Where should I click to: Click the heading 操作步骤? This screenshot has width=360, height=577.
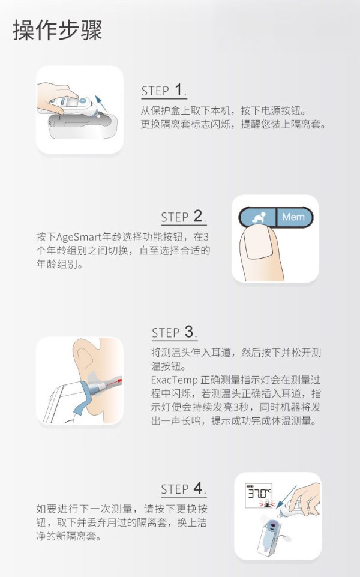pos(57,30)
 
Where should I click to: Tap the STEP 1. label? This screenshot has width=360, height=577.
pos(164,91)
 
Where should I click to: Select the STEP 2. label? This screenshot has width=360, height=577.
pos(184,217)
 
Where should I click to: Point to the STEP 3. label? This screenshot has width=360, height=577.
pos(175,332)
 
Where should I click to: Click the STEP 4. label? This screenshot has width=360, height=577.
pos(184,489)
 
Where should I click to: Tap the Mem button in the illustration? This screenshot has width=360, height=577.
pos(294,217)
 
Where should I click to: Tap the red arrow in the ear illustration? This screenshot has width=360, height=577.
pos(112,383)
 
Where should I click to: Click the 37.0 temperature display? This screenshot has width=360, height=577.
pos(259,493)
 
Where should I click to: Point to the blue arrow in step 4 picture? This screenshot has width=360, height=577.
pos(287,496)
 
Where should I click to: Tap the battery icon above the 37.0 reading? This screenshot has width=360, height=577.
pos(250,486)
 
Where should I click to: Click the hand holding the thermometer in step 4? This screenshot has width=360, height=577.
pos(305,497)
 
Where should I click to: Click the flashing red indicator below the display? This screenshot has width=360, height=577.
pos(267,503)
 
